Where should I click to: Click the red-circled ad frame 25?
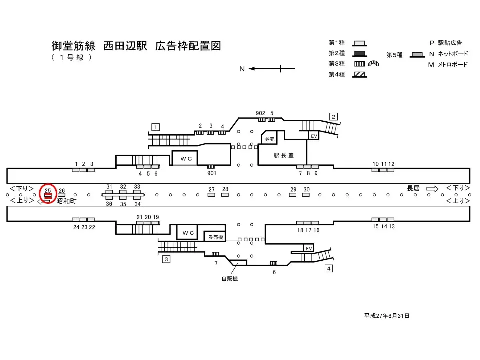click(x=48, y=196)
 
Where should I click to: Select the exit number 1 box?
click(x=156, y=127)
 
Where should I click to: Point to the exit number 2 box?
click(x=333, y=117)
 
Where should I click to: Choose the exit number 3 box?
click(x=166, y=259)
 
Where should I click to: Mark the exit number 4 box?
click(x=329, y=269)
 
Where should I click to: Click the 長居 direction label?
click(x=413, y=188)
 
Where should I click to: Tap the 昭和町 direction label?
click(x=66, y=201)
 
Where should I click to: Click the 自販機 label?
click(x=230, y=279)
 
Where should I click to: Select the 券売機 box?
click(x=215, y=237)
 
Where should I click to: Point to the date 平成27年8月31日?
click(x=387, y=316)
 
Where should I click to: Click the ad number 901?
click(x=211, y=173)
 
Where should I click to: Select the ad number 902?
click(x=260, y=113)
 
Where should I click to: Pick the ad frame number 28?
click(x=225, y=189)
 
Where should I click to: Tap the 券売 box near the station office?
click(x=270, y=139)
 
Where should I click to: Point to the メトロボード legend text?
click(x=453, y=65)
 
